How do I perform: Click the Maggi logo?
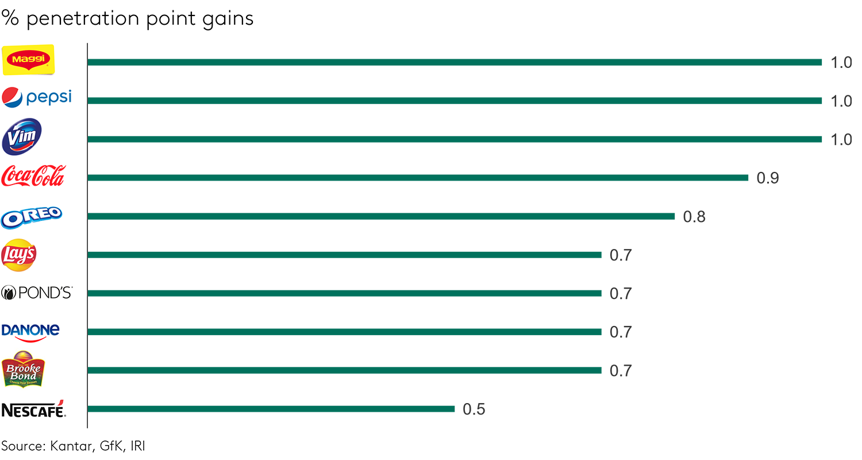tap(29, 60)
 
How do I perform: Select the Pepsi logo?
tap(37, 97)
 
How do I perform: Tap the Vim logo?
tap(22, 137)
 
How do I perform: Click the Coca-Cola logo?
tap(33, 176)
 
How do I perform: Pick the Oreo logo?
tap(32, 216)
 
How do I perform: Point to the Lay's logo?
tap(19, 255)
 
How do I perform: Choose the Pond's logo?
tap(37, 293)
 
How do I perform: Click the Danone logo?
tap(30, 331)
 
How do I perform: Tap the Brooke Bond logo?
tap(23, 369)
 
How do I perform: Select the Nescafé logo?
tap(33, 409)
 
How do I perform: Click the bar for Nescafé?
tap(271, 409)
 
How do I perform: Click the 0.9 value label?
tap(768, 178)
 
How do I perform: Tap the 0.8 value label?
tap(694, 217)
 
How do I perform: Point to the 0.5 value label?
tap(474, 409)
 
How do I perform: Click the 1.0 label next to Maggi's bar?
tap(841, 63)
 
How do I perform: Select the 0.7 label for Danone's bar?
tap(621, 332)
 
